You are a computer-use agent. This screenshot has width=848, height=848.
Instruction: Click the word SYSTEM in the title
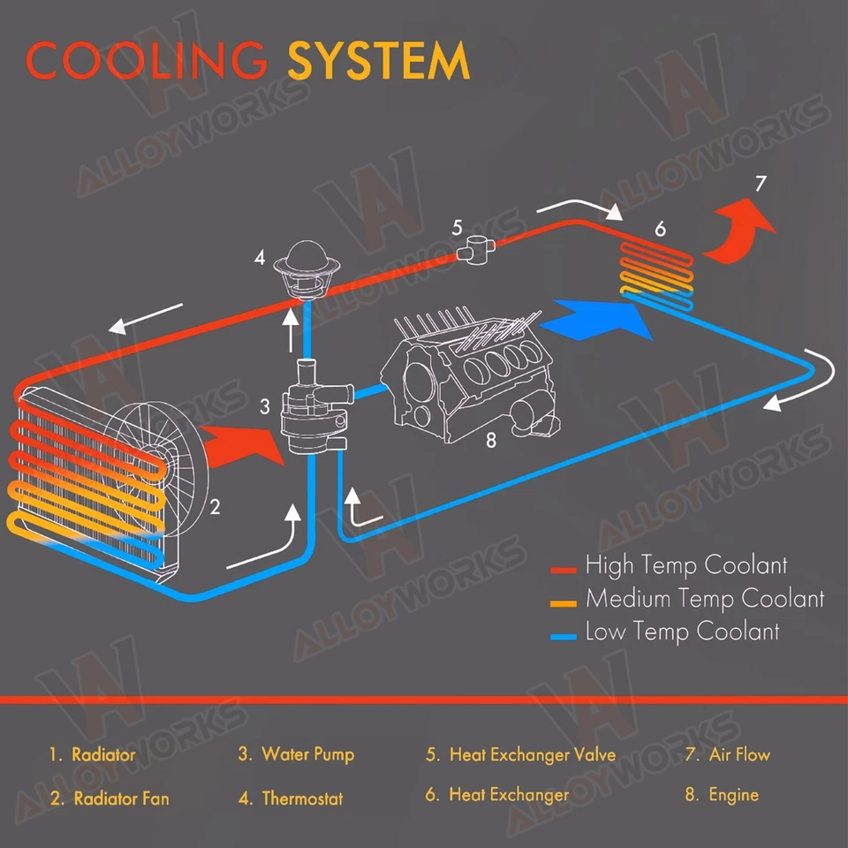pos(378,61)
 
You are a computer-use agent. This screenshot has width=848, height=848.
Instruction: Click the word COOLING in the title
pos(147,61)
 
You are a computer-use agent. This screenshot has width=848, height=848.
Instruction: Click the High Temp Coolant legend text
pos(685,566)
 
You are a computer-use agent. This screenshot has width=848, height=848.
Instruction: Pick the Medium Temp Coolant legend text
pos(704,600)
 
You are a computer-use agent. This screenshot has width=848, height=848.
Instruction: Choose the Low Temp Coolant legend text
pos(682,632)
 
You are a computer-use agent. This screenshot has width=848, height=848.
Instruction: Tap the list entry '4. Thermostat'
pos(290,799)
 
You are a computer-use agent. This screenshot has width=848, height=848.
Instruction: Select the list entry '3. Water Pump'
pos(296,755)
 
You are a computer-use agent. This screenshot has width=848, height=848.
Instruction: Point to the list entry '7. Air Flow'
pos(727,755)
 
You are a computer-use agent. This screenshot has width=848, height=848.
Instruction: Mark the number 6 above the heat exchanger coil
pos(660,230)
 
